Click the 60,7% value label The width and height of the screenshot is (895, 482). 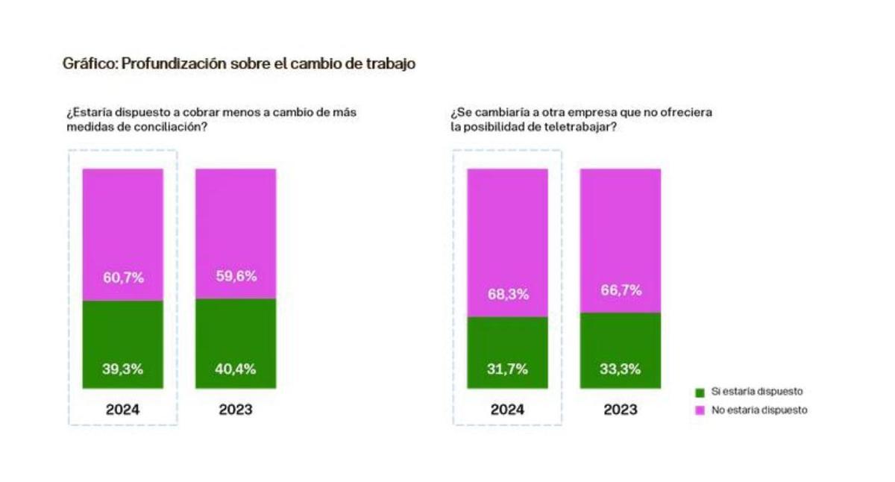pyautogui.click(x=123, y=278)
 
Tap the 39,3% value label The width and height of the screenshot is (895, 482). pyautogui.click(x=123, y=368)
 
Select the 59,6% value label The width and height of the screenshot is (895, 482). pyautogui.click(x=236, y=275)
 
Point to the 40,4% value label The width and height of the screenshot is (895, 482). pyautogui.click(x=236, y=368)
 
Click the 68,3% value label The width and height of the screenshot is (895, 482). pyautogui.click(x=508, y=294)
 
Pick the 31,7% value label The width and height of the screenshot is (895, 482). pyautogui.click(x=508, y=368)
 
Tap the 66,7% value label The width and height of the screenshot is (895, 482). pyautogui.click(x=621, y=290)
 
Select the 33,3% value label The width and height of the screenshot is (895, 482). pyautogui.click(x=621, y=368)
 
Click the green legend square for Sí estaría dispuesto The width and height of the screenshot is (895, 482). pyautogui.click(x=699, y=392)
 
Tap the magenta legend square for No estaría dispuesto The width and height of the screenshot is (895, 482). pyautogui.click(x=699, y=410)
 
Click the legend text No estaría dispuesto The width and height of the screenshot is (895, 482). pyautogui.click(x=759, y=410)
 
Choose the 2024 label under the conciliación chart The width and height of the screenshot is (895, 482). pyautogui.click(x=123, y=410)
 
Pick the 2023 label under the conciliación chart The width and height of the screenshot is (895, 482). pyautogui.click(x=236, y=410)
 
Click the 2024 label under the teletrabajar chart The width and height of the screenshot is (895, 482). pyautogui.click(x=508, y=410)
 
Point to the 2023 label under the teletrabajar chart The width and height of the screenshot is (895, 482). pyautogui.click(x=621, y=410)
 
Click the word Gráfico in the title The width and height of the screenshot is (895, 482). pyautogui.click(x=88, y=64)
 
